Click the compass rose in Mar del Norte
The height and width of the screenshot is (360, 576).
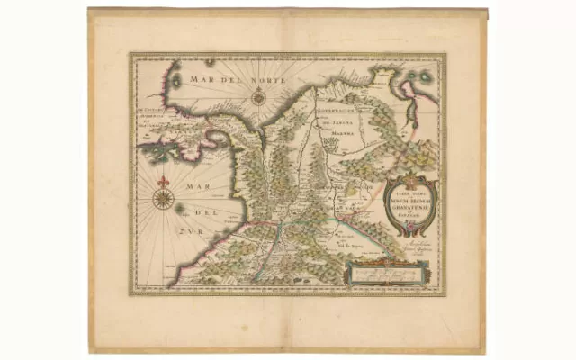(x=258, y=97)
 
